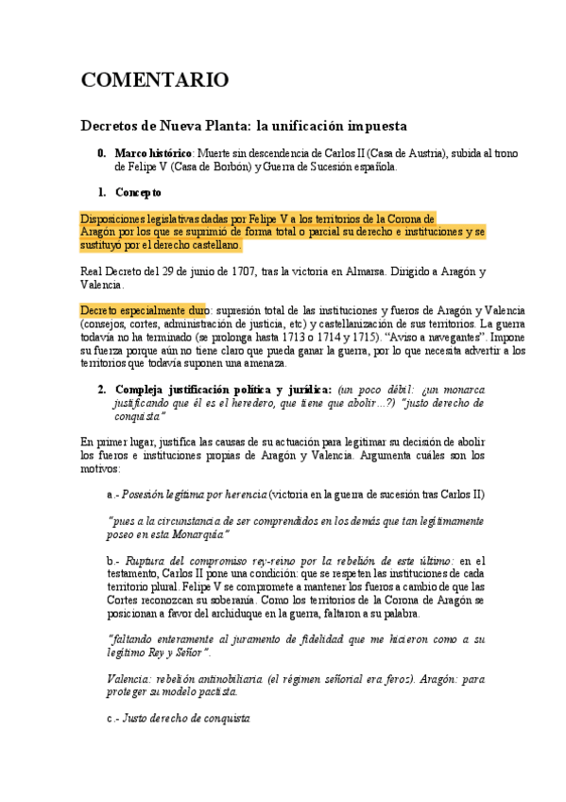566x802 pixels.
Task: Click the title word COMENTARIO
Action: [155, 80]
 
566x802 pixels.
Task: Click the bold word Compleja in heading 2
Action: [143, 390]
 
